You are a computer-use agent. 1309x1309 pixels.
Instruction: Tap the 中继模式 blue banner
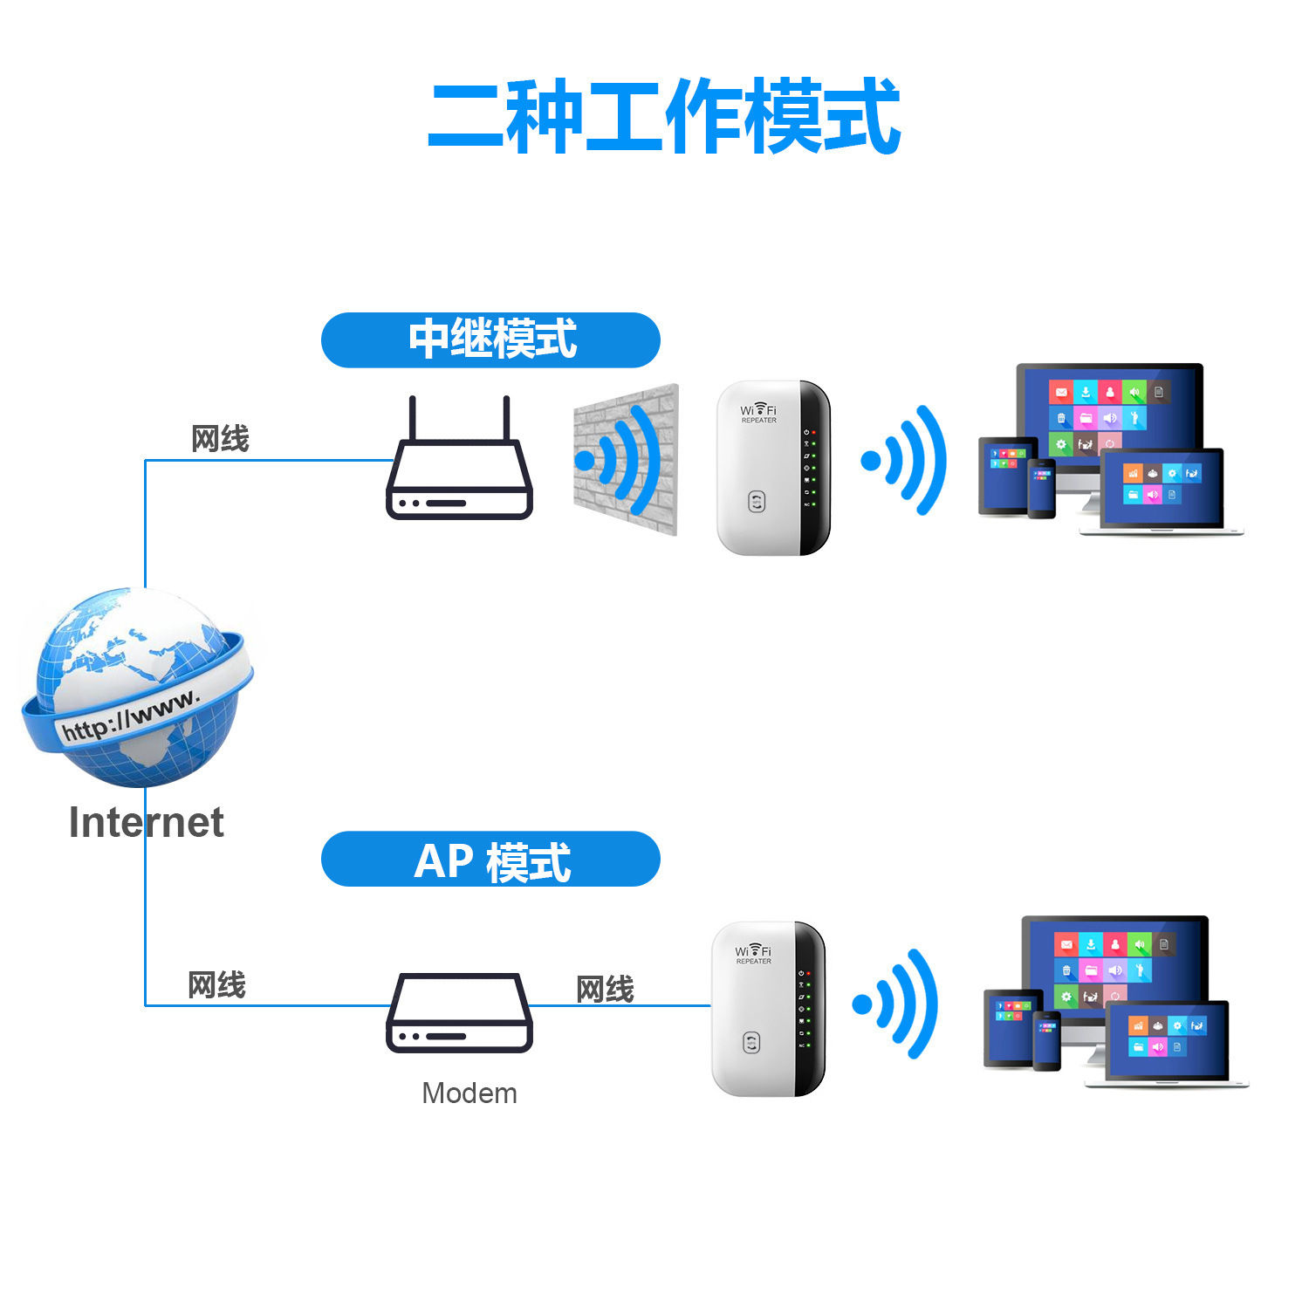click(490, 339)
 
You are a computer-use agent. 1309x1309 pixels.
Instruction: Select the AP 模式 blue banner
click(490, 860)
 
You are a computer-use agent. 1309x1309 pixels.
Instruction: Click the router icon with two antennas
click(459, 471)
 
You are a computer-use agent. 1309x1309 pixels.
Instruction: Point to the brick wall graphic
click(625, 460)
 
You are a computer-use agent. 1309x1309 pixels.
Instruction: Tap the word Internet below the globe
click(146, 823)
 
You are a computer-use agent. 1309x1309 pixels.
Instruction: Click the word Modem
click(469, 1093)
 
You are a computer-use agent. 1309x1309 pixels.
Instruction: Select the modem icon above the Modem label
click(459, 1013)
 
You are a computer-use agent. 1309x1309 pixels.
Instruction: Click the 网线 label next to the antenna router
click(220, 438)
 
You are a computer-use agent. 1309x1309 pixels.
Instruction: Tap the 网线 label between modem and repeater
click(605, 990)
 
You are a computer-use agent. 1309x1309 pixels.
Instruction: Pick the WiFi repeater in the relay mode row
click(773, 468)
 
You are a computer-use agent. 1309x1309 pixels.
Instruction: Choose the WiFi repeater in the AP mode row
click(768, 1009)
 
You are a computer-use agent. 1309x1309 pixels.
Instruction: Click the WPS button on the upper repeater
click(757, 502)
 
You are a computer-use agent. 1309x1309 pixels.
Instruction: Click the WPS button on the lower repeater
click(751, 1043)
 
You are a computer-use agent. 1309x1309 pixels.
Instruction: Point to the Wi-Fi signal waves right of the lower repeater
click(897, 1004)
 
